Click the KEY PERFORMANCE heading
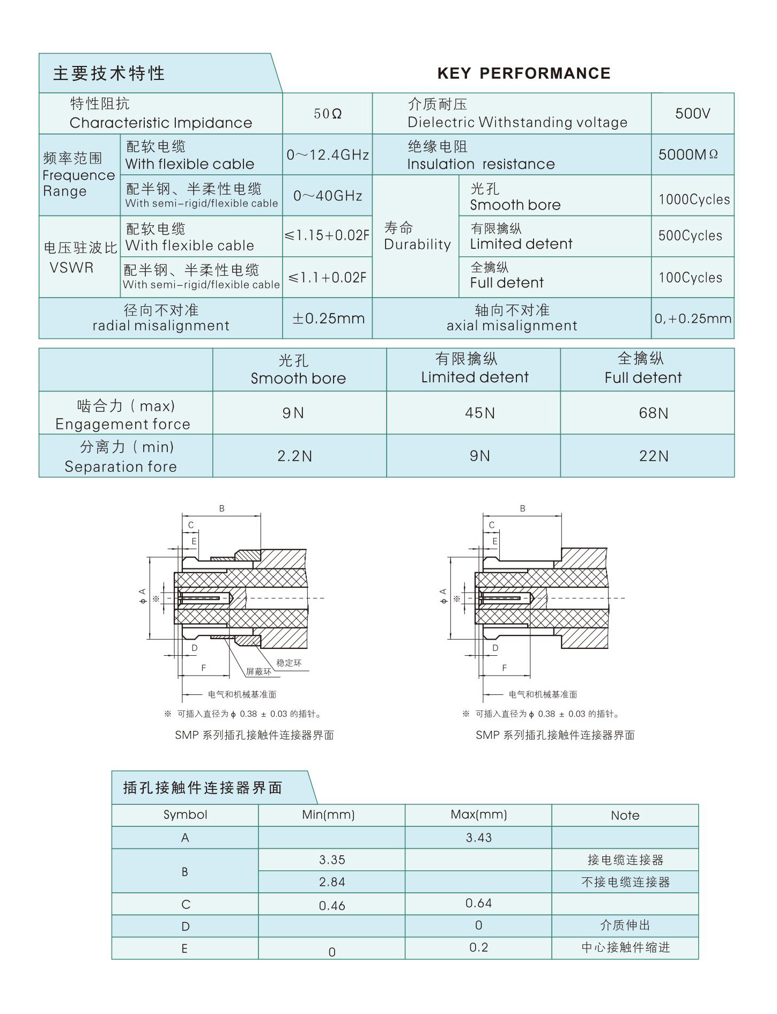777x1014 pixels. coord(524,73)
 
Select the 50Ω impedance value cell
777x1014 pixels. coord(328,114)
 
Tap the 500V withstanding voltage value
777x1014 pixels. coord(692,114)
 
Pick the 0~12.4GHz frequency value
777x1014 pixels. coord(328,155)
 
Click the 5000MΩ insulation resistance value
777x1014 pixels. coord(688,155)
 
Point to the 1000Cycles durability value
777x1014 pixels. coord(694,199)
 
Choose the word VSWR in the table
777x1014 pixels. coord(71,268)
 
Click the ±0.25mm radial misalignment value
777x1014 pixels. coord(328,319)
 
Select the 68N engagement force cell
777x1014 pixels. coord(653,413)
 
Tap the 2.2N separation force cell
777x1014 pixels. coord(294,456)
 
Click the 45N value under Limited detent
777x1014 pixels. coord(480,413)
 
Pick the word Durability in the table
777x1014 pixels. coord(417,245)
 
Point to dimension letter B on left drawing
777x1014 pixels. coord(221,508)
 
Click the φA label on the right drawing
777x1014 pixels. coord(443,596)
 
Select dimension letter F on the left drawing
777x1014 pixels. coord(204,668)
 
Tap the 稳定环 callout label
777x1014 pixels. coord(289,663)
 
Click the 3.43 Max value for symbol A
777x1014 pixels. coord(478,838)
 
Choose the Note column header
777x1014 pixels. coord(625,816)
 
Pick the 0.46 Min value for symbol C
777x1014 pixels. coord(332,906)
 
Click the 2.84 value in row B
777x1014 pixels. coord(332,882)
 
